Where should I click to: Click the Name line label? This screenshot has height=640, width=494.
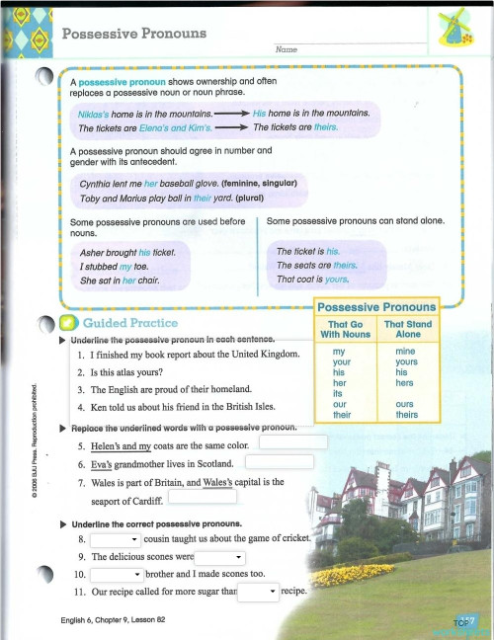tap(287, 48)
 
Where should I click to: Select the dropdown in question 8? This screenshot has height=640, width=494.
tap(116, 540)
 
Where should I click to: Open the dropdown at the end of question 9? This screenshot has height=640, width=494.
tap(219, 557)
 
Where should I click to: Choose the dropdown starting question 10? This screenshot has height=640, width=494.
tap(116, 574)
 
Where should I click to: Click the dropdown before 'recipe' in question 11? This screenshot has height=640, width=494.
tap(259, 592)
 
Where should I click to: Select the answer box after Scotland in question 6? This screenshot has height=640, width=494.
tap(280, 461)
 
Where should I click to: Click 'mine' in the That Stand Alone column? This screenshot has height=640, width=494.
tap(405, 351)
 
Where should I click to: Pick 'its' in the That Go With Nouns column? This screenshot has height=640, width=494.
tap(339, 394)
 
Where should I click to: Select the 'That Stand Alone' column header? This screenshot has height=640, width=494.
tap(407, 329)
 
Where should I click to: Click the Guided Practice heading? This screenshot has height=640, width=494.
tap(129, 323)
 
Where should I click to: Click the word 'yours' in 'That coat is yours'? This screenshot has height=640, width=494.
tap(337, 280)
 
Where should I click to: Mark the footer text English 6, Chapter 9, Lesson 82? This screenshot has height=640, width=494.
tap(112, 621)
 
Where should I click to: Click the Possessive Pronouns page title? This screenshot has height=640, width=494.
tap(134, 34)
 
